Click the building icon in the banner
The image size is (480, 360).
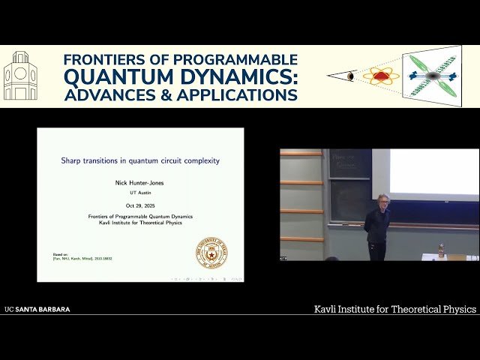pyautogui.click(x=20, y=76)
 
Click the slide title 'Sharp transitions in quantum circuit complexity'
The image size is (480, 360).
pyautogui.click(x=140, y=160)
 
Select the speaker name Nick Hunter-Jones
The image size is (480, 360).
pyautogui.click(x=140, y=181)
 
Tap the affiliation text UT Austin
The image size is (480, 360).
pyautogui.click(x=140, y=193)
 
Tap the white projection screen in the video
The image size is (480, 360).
pyautogui.click(x=433, y=172)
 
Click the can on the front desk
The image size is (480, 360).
pyautogui.click(x=441, y=249)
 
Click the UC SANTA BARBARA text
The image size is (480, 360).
pyautogui.click(x=37, y=309)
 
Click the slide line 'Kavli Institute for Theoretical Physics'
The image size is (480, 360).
pyautogui.click(x=140, y=222)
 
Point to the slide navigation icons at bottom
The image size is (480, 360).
pyautogui.click(x=206, y=278)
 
